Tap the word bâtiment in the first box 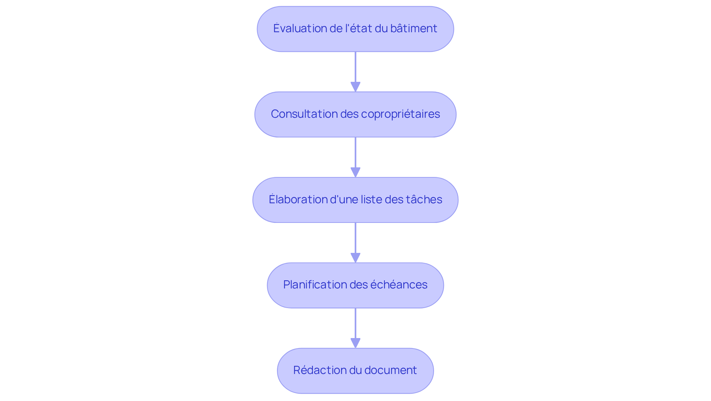coord(414,29)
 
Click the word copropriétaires coord(400,114)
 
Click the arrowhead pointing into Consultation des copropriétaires coord(355,87)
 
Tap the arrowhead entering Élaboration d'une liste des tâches coord(355,172)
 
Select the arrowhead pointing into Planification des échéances coord(355,258)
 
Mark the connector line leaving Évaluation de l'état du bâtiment coord(355,67)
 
